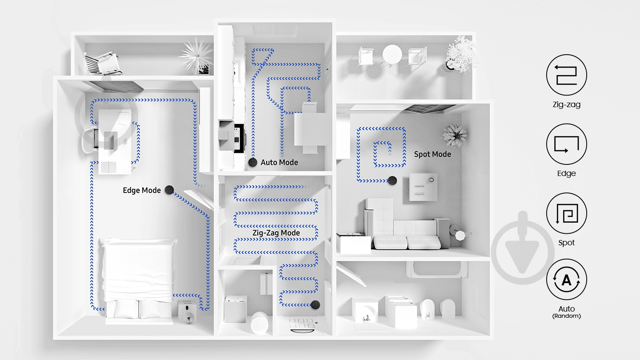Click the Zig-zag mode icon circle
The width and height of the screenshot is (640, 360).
[567, 75]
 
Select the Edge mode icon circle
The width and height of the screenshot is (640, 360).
[567, 144]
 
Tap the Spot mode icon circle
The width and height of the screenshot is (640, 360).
[567, 213]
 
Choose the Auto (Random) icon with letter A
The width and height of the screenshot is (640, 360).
[567, 280]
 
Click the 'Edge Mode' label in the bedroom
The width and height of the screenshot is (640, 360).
[142, 190]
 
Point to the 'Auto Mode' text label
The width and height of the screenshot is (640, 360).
[279, 163]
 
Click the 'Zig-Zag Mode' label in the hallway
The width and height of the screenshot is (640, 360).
[276, 233]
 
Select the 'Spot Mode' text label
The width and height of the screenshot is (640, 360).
[432, 154]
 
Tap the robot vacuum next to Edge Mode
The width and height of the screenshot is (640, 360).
[169, 190]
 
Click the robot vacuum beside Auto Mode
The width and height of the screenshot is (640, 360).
[252, 162]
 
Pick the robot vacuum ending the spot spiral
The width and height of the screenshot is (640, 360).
[392, 180]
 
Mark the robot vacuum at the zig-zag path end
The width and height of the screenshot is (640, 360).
[315, 305]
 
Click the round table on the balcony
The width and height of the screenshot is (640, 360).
[392, 55]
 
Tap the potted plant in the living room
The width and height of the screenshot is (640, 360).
[454, 136]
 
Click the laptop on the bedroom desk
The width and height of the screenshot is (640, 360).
[110, 140]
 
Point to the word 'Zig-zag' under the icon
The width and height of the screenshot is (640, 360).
[567, 104]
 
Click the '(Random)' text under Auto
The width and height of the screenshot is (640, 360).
[567, 316]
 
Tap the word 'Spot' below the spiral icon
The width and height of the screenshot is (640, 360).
[567, 243]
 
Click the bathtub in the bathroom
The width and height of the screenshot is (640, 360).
[437, 269]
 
